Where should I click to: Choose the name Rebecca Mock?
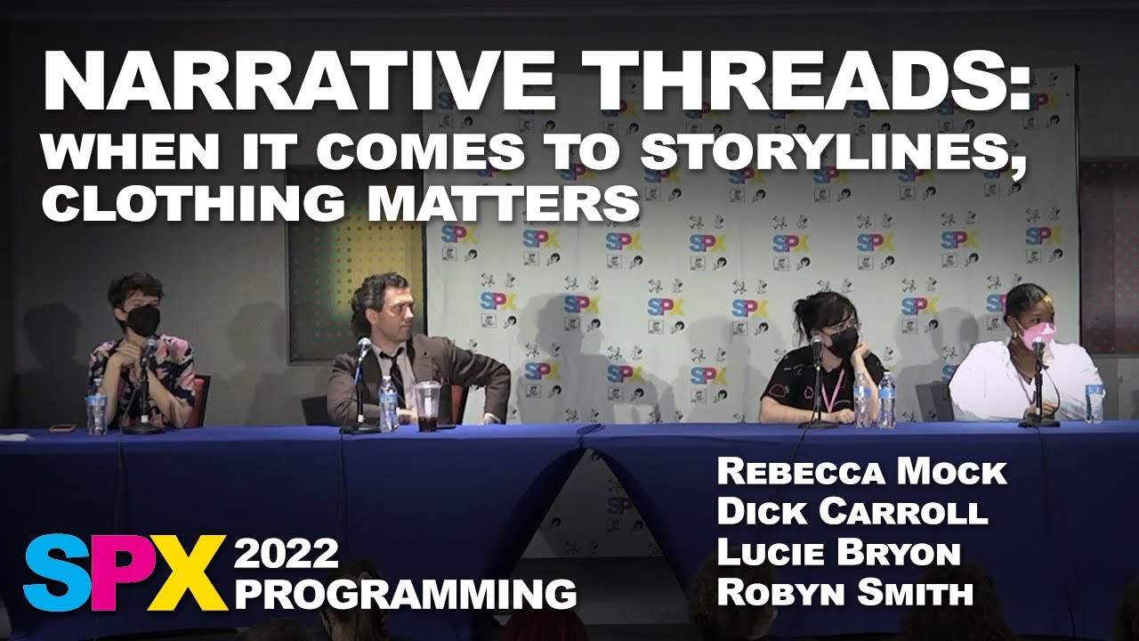[x=860, y=473]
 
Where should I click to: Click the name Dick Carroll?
[x=852, y=513]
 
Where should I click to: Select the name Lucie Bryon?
[x=838, y=553]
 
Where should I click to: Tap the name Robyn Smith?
[x=844, y=592]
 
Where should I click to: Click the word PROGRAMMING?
[x=404, y=593]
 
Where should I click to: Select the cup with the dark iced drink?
[x=427, y=407]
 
